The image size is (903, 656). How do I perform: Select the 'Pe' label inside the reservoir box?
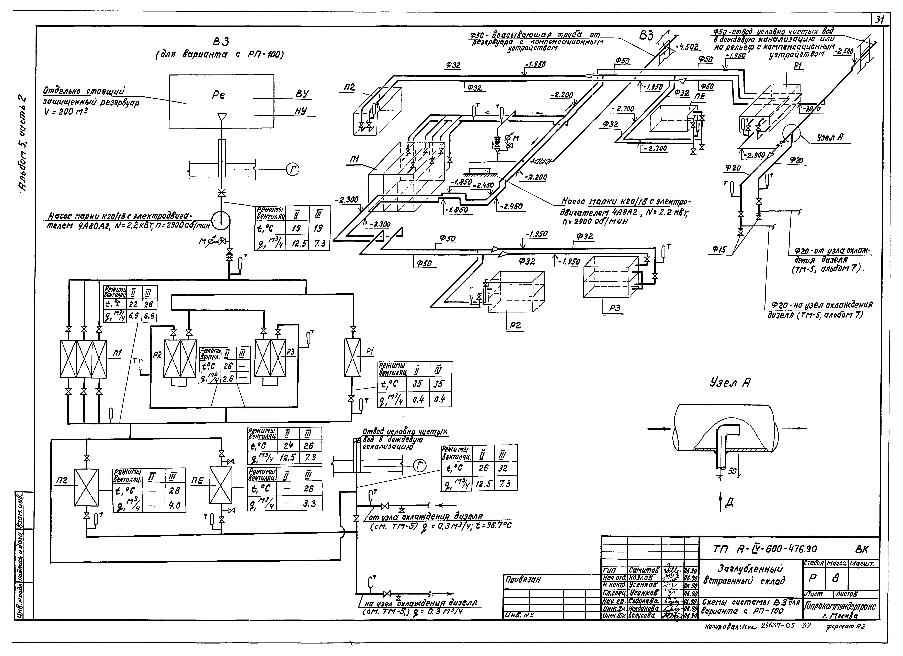click(x=218, y=95)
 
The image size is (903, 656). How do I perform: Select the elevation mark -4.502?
click(x=687, y=47)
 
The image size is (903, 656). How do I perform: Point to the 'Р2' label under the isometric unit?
click(x=516, y=325)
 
